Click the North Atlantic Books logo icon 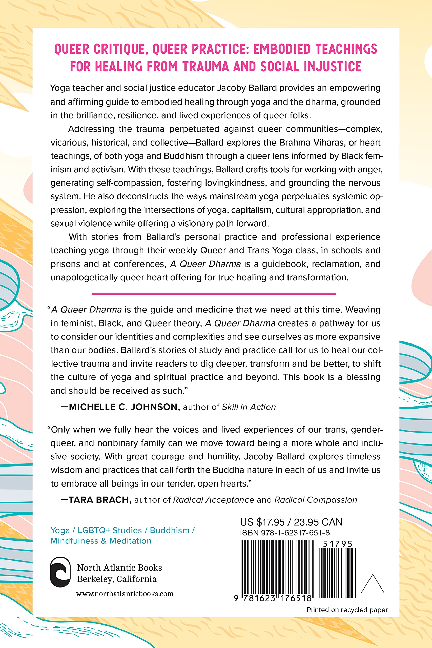pyautogui.click(x=60, y=572)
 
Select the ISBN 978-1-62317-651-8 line pyautogui.click(x=285, y=533)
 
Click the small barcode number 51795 pyautogui.click(x=338, y=544)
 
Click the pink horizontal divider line pyautogui.click(x=214, y=294)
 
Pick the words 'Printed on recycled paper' pyautogui.click(x=347, y=610)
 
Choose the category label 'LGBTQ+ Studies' pyautogui.click(x=110, y=530)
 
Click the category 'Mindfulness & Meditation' pyautogui.click(x=101, y=541)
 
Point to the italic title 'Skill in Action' pyautogui.click(x=249, y=407)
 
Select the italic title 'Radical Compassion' pyautogui.click(x=316, y=500)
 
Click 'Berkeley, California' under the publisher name pyautogui.click(x=117, y=579)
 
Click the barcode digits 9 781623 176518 pyautogui.click(x=273, y=598)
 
